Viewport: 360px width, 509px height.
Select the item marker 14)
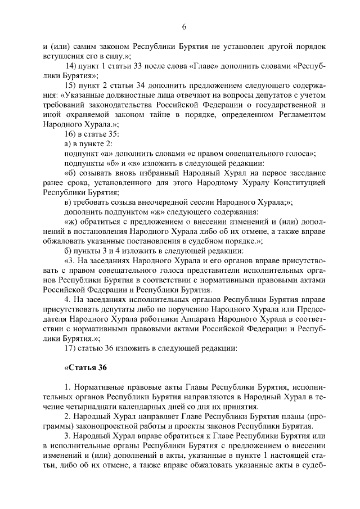73,67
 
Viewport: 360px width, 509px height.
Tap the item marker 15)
73,85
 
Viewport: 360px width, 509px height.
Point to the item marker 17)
73,347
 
